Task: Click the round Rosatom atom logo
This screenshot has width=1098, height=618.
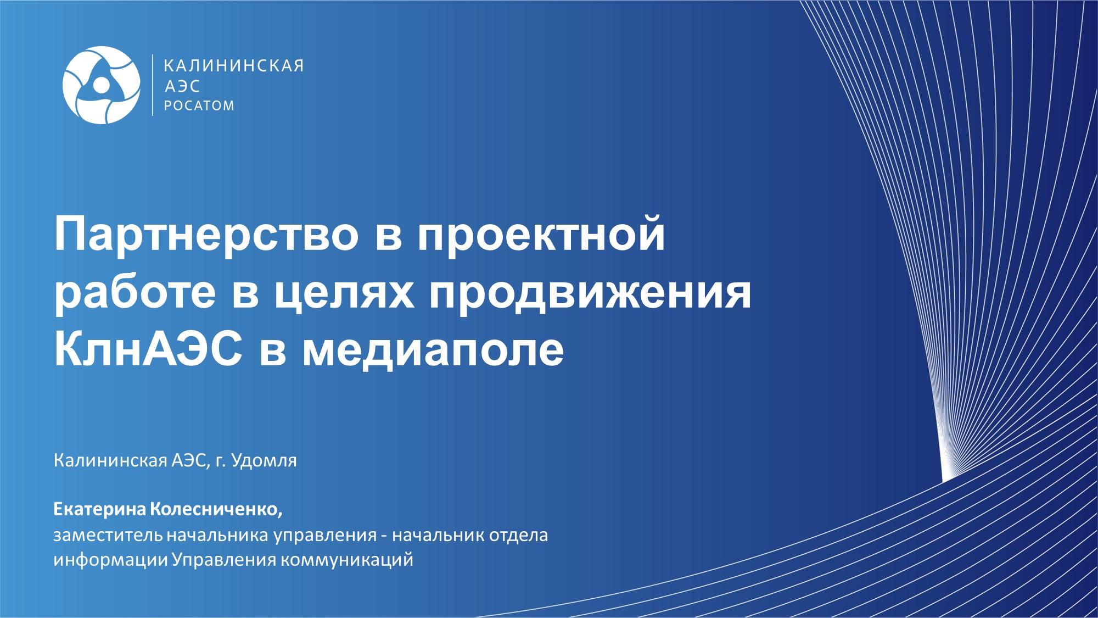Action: (102, 85)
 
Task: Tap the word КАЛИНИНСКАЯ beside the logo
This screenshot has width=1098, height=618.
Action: (234, 66)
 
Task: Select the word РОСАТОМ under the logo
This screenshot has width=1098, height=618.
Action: (199, 105)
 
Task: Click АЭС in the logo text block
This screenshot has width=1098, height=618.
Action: (182, 86)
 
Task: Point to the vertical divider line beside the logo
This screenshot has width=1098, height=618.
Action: (153, 85)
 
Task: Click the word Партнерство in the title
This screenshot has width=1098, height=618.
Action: (206, 235)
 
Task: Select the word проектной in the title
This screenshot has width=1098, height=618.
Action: (541, 235)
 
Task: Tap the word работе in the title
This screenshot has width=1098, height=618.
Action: (135, 292)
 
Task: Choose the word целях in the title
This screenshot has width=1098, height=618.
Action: (344, 293)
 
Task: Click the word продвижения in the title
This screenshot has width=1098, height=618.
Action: (590, 293)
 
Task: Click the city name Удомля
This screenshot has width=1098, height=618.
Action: (264, 460)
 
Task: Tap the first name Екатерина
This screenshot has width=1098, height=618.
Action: (100, 509)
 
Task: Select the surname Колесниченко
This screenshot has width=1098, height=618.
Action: (216, 510)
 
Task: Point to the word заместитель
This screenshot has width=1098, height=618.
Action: (108, 535)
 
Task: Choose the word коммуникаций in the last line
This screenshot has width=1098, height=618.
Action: (347, 560)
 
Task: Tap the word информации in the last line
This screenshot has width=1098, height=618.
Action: (111, 560)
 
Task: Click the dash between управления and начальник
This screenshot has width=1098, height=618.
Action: (384, 537)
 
